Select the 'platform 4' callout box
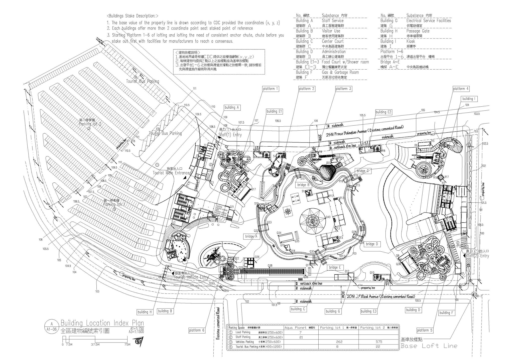(x=461, y=89)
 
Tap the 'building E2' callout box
(x=383, y=112)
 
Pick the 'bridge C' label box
(x=363, y=171)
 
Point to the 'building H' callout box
(x=145, y=312)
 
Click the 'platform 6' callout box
(x=197, y=330)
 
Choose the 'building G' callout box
(x=333, y=311)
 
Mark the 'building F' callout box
(x=446, y=313)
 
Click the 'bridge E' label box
(x=335, y=267)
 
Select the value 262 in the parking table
(x=337, y=342)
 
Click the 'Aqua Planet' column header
(x=296, y=328)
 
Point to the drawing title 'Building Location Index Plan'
(x=102, y=323)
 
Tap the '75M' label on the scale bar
(x=127, y=344)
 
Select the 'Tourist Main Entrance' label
(x=171, y=173)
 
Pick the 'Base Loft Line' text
(x=429, y=346)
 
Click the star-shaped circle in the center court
(x=313, y=221)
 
